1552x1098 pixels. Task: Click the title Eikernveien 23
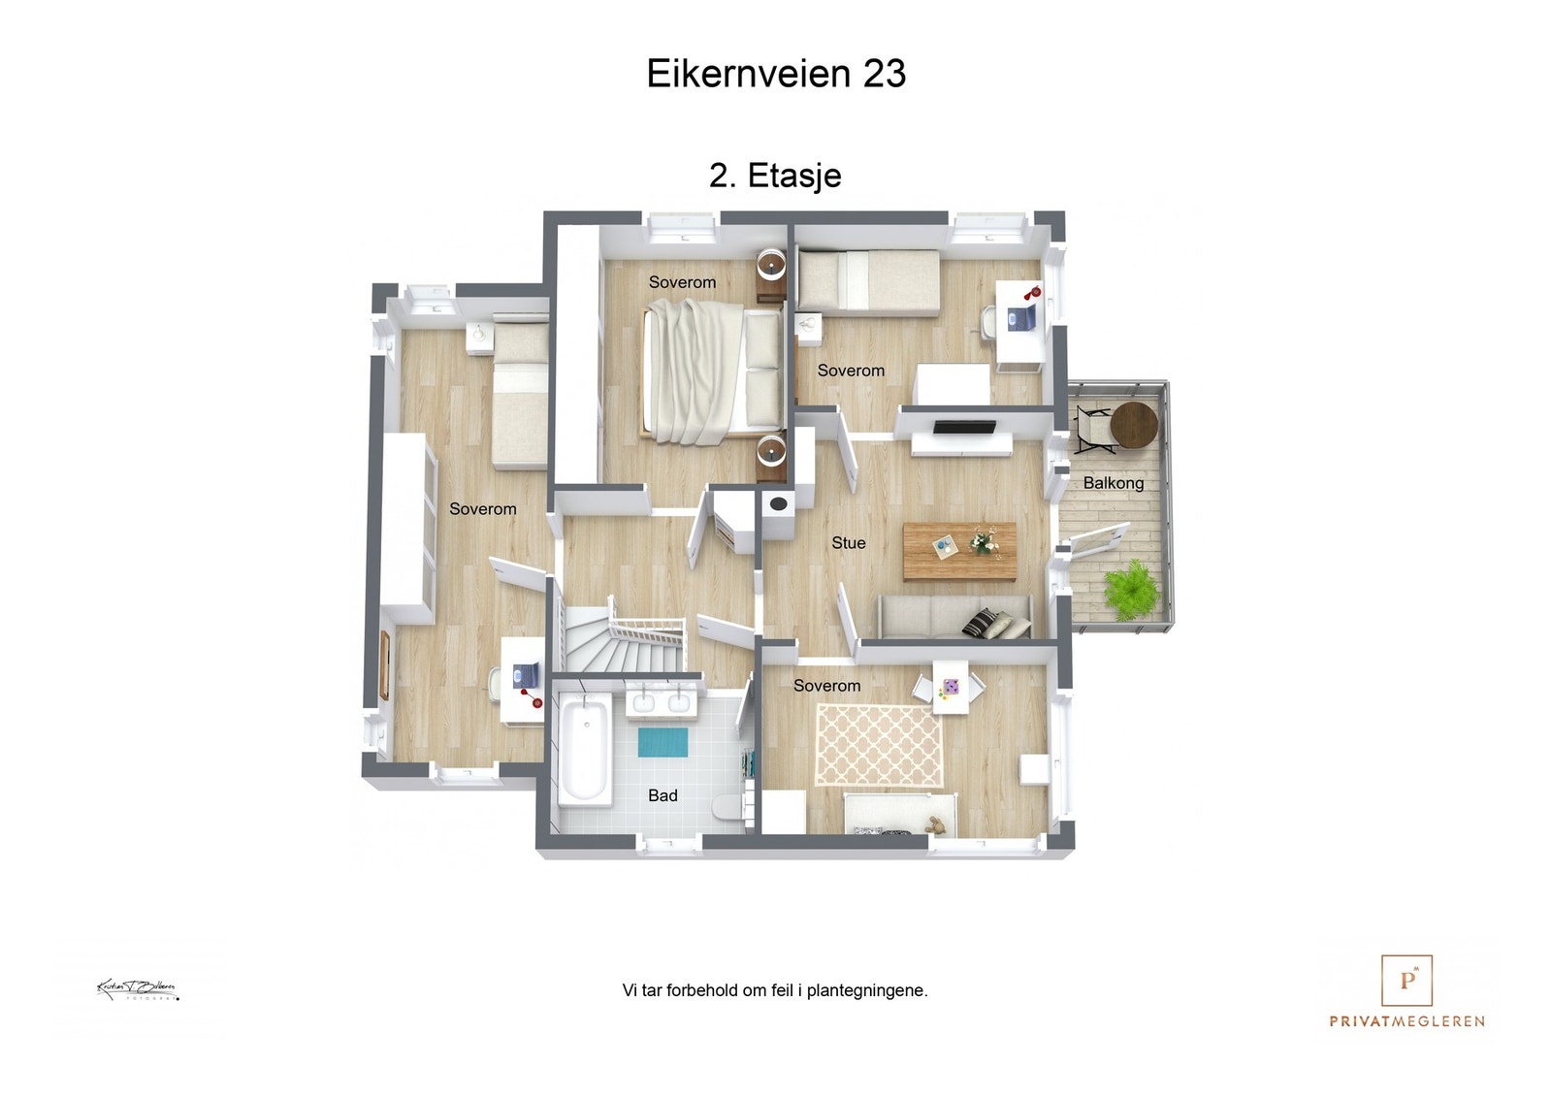[776, 74]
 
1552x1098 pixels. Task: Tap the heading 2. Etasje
[775, 176]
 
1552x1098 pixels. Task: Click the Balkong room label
[1113, 483]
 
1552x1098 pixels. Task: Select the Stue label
[848, 543]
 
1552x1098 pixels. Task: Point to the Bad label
[663, 795]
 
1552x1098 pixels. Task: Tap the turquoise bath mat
[663, 742]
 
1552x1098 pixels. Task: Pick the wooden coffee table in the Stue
[959, 551]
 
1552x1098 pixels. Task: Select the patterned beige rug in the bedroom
[879, 745]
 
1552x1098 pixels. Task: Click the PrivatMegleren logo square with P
[1406, 980]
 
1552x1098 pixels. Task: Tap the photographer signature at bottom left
[137, 989]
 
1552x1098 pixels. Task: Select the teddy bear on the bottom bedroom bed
[935, 826]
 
